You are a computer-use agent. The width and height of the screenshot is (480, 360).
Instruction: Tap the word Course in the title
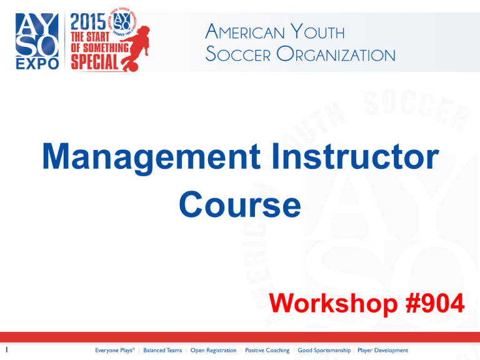coord(239,204)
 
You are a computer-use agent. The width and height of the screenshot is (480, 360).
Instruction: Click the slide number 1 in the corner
coord(5,351)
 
